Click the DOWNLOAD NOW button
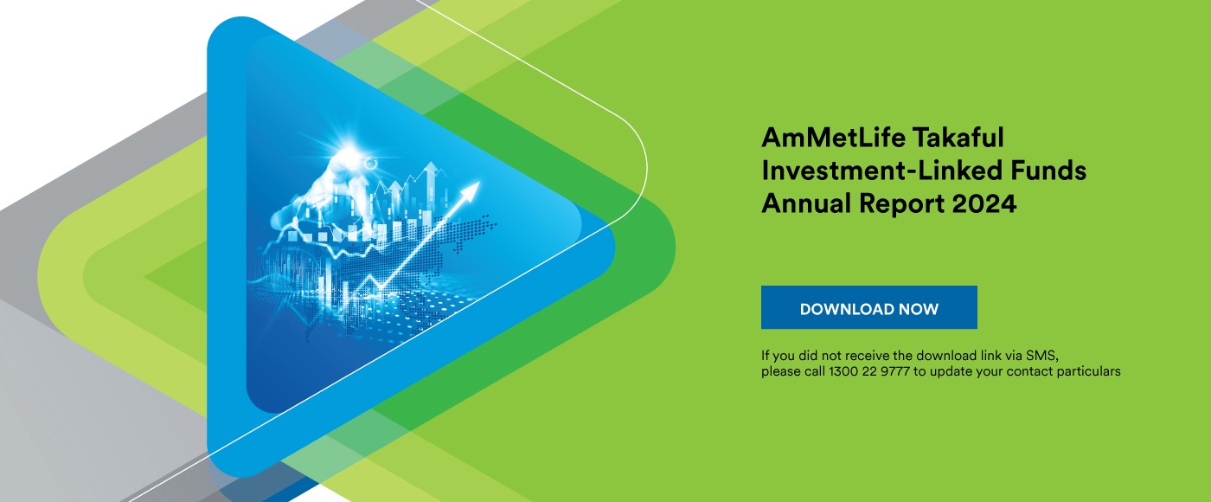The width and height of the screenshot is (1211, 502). coord(868,307)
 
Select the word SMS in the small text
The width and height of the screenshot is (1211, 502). coord(1043,356)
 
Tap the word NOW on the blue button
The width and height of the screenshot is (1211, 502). coord(919,309)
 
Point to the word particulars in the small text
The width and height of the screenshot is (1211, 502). coord(1091,371)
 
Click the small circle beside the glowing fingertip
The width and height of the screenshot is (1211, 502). coord(370,162)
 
